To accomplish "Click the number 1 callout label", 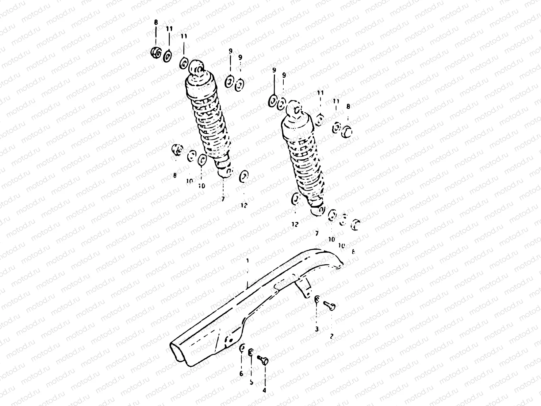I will tap(248, 261).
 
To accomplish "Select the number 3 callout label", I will tap(317, 329).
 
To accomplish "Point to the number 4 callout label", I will tap(264, 390).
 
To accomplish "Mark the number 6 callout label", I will tap(241, 374).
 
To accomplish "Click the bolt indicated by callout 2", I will tap(330, 306).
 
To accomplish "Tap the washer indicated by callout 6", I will tap(242, 348).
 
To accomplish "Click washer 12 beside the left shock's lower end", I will tap(243, 176).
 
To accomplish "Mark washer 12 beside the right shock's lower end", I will tap(296, 198).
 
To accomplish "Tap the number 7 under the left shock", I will tap(223, 199).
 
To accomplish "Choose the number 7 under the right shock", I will tap(316, 233).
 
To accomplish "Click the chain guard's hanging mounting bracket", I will tap(304, 290).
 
